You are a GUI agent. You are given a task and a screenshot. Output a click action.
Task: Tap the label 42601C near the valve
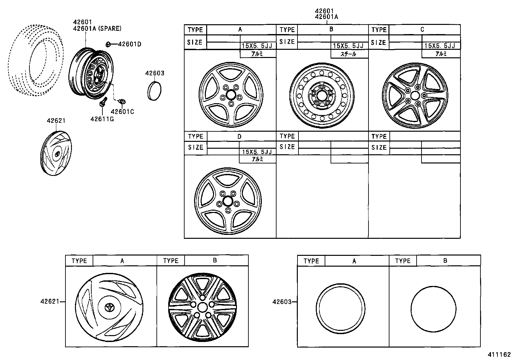(122, 112)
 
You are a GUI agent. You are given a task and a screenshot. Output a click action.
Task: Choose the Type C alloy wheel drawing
(415, 95)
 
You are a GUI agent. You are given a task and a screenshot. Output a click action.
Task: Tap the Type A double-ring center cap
(341, 309)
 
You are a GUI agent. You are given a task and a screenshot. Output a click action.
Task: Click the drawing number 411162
(499, 354)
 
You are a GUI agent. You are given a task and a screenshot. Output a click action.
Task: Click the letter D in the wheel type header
(239, 136)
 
